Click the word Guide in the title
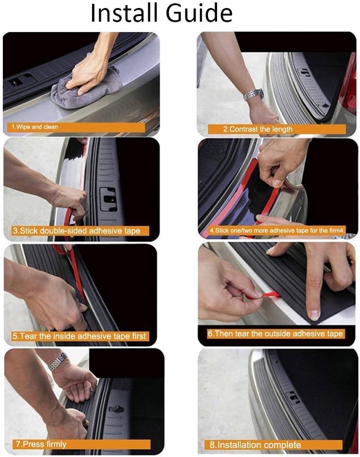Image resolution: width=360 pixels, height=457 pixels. pyautogui.click(x=199, y=13)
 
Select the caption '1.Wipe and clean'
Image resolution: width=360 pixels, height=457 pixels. pyautogui.click(x=35, y=127)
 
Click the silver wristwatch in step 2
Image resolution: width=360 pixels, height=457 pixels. pyautogui.click(x=253, y=94)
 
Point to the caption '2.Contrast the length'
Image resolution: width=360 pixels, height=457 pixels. pyautogui.click(x=258, y=129)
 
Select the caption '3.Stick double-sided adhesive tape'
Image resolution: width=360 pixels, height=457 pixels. pyautogui.click(x=76, y=231)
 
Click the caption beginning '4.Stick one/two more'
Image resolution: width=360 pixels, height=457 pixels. pyautogui.click(x=277, y=231)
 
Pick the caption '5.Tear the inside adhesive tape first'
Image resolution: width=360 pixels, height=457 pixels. pyautogui.click(x=79, y=336)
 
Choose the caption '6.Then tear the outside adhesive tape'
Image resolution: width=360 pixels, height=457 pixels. pyautogui.click(x=275, y=333)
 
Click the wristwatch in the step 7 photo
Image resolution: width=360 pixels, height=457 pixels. pyautogui.click(x=58, y=361)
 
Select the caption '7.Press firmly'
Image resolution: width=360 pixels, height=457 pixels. pyautogui.click(x=41, y=444)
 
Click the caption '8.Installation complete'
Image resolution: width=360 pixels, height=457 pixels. pyautogui.click(x=255, y=445)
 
